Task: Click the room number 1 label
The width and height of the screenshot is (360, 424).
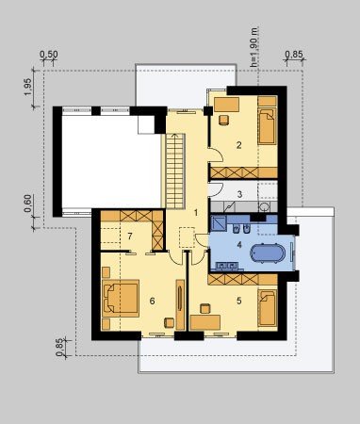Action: tap(196, 213)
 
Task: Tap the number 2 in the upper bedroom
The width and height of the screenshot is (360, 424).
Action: tap(239, 145)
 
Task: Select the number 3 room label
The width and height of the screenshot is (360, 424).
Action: tap(239, 194)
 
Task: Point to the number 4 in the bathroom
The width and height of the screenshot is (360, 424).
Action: tap(239, 244)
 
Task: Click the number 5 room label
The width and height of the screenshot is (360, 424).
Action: tap(239, 301)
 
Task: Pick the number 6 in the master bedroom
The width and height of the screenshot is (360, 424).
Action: tap(152, 301)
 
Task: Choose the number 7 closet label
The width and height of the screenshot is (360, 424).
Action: tap(130, 236)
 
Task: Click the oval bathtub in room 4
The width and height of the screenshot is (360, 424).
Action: tap(268, 253)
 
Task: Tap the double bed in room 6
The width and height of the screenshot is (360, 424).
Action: tap(121, 298)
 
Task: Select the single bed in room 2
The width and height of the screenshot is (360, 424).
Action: tap(268, 126)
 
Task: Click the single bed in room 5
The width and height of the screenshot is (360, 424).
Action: tap(268, 308)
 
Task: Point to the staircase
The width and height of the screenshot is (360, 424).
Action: tap(175, 171)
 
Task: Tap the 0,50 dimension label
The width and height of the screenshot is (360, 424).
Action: tap(49, 55)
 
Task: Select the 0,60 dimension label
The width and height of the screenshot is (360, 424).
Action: tap(28, 204)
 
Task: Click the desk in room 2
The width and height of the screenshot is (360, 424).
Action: tap(226, 105)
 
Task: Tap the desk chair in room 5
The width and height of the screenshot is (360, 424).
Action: tap(205, 308)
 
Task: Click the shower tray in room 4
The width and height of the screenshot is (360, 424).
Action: tap(218, 223)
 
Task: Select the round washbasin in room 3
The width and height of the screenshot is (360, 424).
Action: tap(265, 206)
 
